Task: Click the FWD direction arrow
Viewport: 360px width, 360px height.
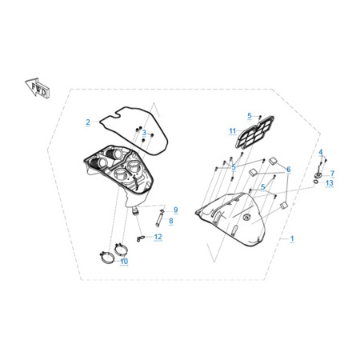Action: point(38,87)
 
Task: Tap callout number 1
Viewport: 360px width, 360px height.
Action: point(292,238)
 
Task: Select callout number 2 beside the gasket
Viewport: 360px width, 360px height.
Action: point(88,122)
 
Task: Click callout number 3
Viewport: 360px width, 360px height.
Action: point(144,133)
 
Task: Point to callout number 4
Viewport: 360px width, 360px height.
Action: point(321,152)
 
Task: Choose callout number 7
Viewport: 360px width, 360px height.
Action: point(332,174)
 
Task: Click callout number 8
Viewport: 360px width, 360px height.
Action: point(171,221)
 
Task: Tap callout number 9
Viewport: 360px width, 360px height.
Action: point(175,210)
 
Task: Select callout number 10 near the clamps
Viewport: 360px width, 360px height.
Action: point(124,261)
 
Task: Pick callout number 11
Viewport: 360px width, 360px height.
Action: point(233,131)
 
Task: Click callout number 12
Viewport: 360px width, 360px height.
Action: point(158,237)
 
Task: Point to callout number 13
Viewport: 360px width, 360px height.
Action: point(330,183)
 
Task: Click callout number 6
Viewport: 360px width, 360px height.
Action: point(289,169)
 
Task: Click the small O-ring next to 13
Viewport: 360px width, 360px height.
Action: point(315,182)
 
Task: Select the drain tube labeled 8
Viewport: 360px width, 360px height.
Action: point(159,218)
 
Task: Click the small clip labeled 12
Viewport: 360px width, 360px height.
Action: point(140,238)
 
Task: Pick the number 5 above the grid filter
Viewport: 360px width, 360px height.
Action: point(250,115)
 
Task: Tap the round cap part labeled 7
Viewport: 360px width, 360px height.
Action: point(318,175)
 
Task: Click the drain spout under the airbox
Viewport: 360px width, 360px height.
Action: point(136,210)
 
